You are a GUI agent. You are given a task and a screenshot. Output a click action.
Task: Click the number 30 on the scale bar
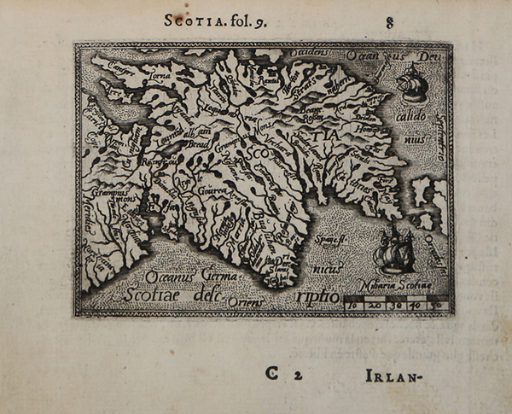coord(396,303)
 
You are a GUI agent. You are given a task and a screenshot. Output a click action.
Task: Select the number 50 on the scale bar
coord(435,303)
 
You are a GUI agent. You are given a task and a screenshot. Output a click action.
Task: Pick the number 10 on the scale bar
coord(355,303)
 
